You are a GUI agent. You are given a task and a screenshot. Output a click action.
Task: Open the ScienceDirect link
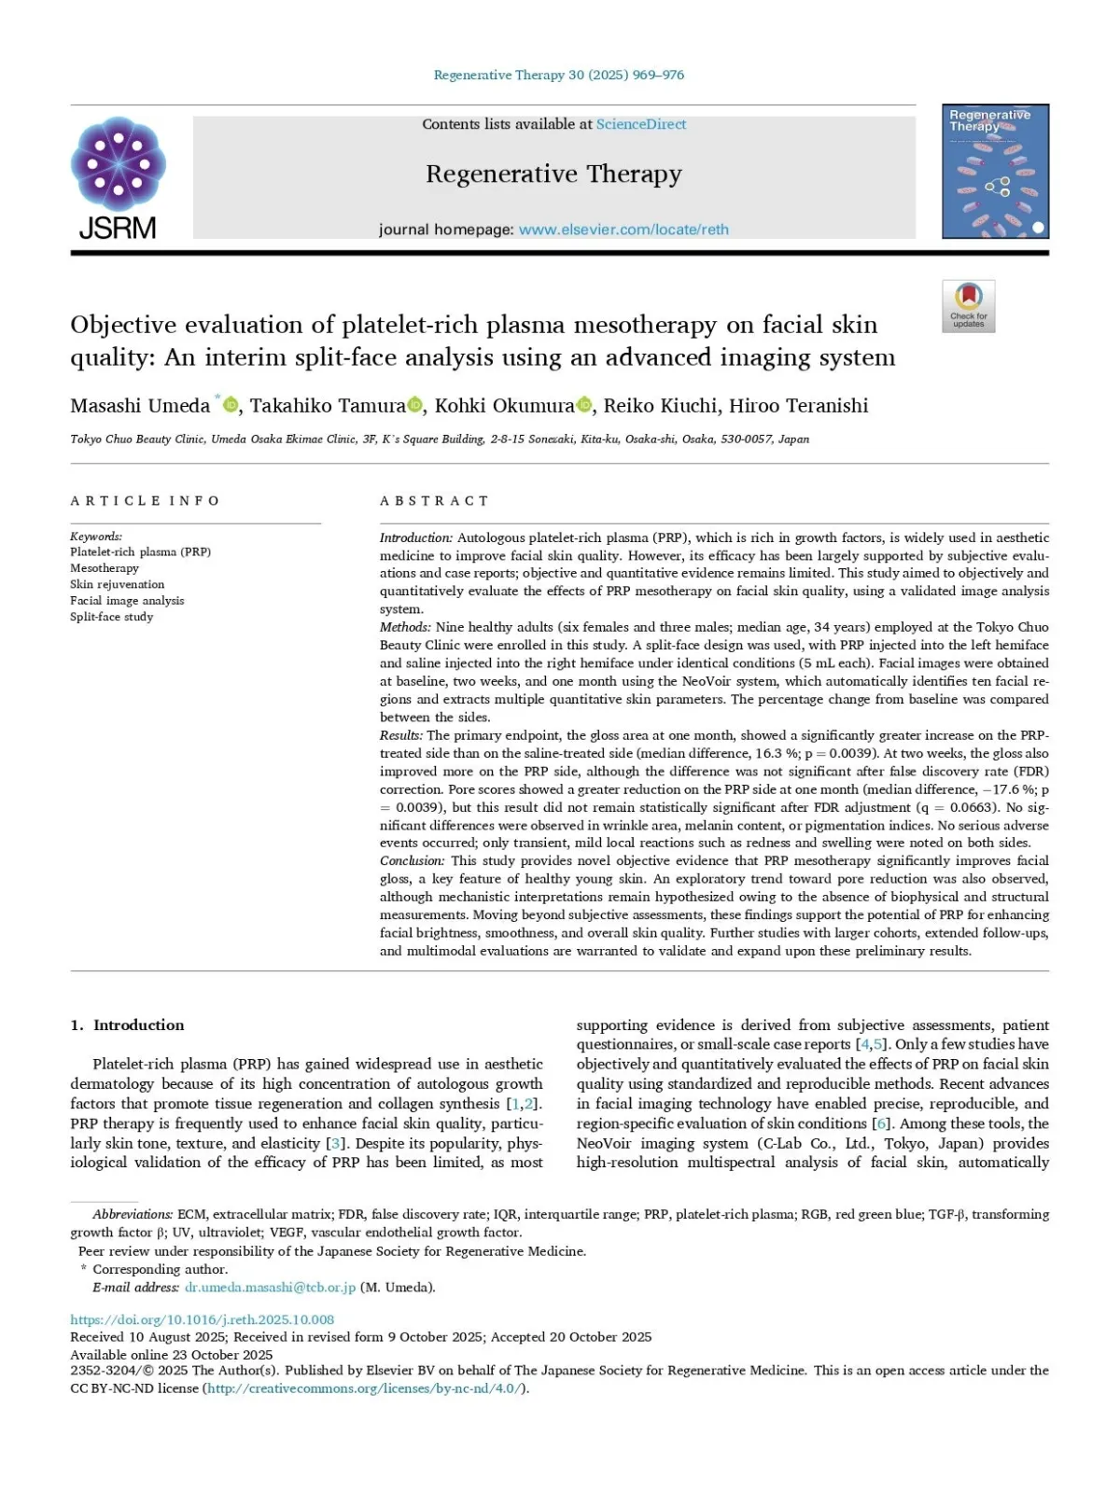tap(641, 124)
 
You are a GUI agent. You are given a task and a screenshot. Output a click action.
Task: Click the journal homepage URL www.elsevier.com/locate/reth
tap(623, 230)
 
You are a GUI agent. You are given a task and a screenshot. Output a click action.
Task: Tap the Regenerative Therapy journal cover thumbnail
tap(995, 171)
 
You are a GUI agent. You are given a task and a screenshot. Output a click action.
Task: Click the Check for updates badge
tap(968, 306)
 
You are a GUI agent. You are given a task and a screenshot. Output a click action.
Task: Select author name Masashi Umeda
tap(140, 406)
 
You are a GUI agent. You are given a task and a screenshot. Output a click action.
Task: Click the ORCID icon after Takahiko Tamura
tap(415, 405)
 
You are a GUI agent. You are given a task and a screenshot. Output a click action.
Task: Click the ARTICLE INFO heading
tap(145, 501)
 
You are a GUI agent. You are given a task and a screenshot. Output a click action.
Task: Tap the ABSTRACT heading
tap(434, 501)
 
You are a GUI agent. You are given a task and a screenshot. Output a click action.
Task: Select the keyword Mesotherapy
tap(105, 568)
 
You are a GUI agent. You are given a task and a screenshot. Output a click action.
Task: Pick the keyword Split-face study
tap(111, 617)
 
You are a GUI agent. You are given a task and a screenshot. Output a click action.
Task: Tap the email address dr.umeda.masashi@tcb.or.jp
tap(270, 1288)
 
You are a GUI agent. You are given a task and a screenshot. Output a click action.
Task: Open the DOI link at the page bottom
tap(202, 1319)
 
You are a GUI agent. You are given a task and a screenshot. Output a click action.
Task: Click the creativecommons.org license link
tap(364, 1388)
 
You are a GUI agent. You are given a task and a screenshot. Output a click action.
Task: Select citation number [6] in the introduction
tap(880, 1123)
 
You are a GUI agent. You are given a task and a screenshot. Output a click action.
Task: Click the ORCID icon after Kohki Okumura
tap(585, 405)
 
